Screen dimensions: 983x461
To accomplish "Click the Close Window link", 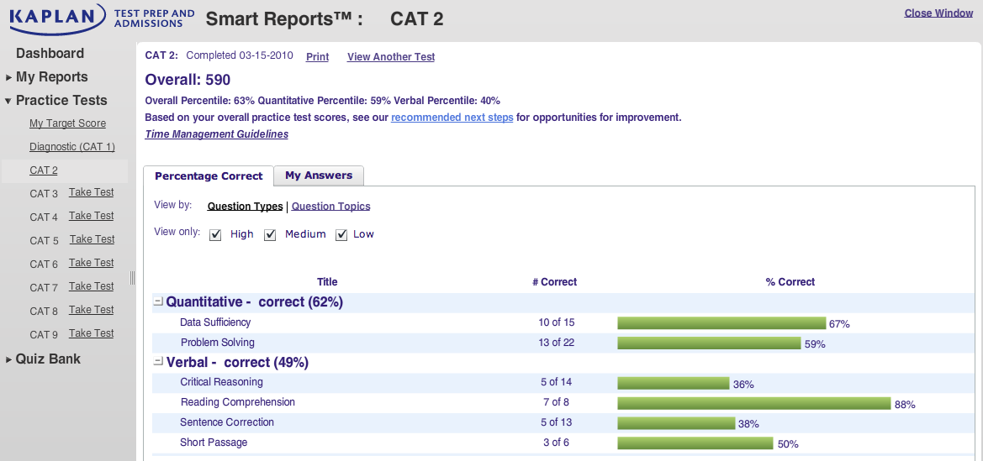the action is tap(938, 13).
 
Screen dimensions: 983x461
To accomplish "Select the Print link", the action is tap(317, 57).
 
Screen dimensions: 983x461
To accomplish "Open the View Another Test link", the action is tap(390, 57).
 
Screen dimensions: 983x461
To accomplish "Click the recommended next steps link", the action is tap(452, 117).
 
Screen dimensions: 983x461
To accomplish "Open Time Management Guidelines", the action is tap(216, 134).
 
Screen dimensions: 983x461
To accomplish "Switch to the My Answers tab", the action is tap(319, 176).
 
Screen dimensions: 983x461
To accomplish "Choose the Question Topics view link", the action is tap(331, 206).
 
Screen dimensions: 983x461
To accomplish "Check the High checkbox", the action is tap(215, 235).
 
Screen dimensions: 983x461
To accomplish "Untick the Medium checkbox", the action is tap(270, 235).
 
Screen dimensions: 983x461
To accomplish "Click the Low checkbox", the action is tap(341, 235).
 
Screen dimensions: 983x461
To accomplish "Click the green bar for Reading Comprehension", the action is tap(754, 403).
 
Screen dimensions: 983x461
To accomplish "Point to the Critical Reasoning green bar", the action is tap(674, 383).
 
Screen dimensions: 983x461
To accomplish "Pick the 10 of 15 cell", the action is tap(556, 322).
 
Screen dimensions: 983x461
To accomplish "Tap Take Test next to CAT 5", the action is tap(92, 239).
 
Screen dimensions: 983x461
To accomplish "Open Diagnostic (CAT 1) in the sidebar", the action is tap(72, 147).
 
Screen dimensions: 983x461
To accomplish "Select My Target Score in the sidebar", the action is tap(68, 123).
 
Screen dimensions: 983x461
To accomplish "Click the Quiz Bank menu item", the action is tap(48, 359).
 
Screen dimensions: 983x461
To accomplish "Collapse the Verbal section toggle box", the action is tap(159, 361).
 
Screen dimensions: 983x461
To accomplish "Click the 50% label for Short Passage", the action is tap(788, 444).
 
